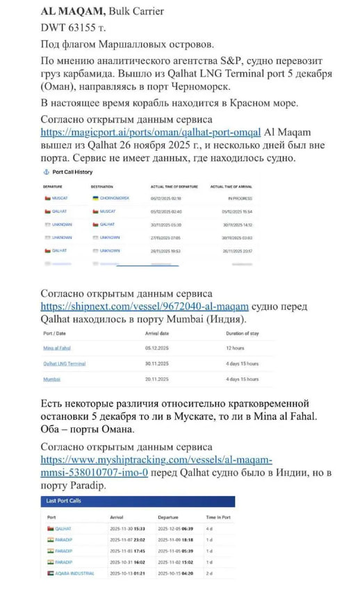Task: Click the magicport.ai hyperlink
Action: pyautogui.click(x=151, y=131)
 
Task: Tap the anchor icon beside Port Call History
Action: pyautogui.click(x=47, y=172)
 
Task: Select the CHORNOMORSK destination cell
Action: pyautogui.click(x=113, y=198)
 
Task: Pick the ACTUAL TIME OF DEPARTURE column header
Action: pyautogui.click(x=170, y=187)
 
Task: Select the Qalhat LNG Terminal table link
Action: pyautogui.click(x=64, y=363)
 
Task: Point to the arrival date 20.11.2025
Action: pyautogui.click(x=157, y=379)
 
